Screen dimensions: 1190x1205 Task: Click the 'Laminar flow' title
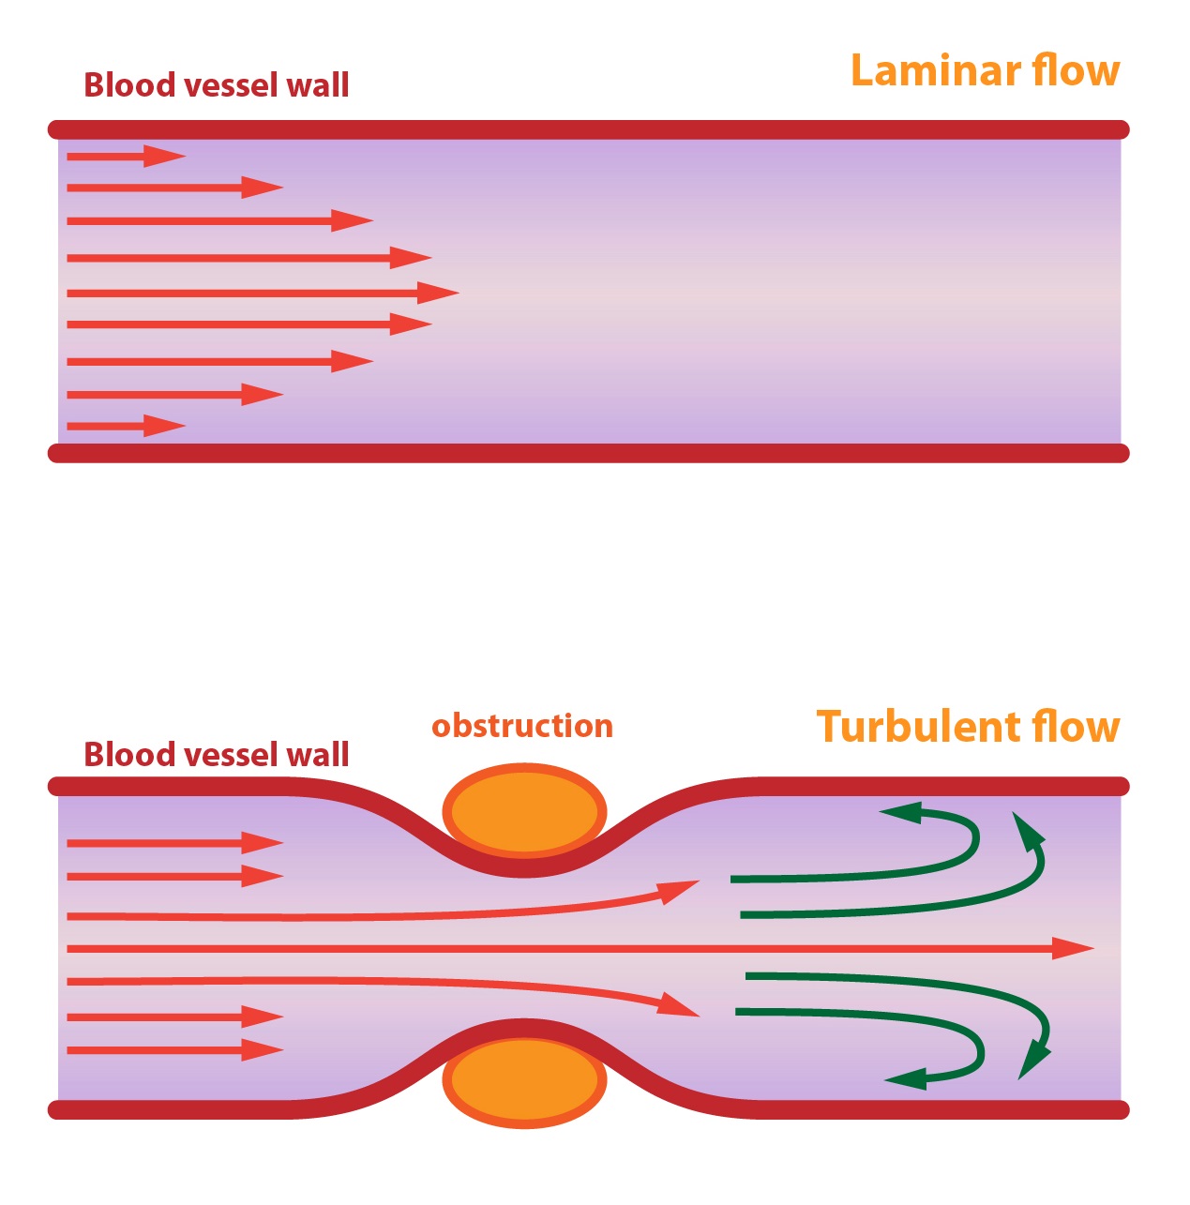tap(985, 70)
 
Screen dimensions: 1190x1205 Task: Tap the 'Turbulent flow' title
tap(968, 727)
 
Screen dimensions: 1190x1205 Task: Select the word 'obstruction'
tap(522, 726)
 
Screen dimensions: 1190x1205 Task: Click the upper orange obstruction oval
tap(524, 812)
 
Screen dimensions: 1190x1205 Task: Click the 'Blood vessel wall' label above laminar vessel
tap(217, 84)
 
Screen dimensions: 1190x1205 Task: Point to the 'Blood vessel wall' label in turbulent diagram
tap(217, 754)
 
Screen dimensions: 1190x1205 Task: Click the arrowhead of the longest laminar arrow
tap(438, 293)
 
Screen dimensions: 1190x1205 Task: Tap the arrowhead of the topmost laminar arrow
tap(164, 156)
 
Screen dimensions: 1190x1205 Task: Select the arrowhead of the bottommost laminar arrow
tap(164, 426)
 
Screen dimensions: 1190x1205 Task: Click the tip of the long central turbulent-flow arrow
tap(1094, 949)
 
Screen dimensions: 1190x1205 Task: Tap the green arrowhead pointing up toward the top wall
tap(1027, 829)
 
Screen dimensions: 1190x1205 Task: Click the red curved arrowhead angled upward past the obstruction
tap(681, 891)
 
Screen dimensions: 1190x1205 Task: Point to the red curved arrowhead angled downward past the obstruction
tap(679, 1006)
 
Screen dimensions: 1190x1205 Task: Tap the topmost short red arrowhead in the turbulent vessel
tap(263, 843)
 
